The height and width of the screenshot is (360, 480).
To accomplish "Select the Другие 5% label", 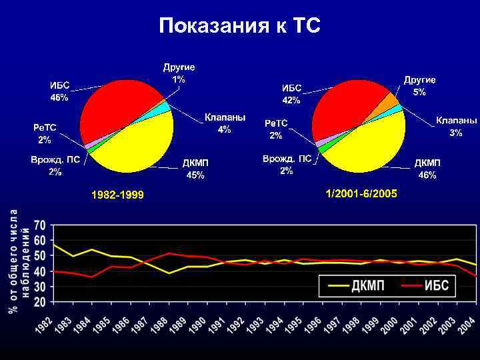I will point(419,86).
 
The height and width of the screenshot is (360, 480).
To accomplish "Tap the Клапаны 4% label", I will point(225,123).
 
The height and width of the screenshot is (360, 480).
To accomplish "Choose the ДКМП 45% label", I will point(195,169).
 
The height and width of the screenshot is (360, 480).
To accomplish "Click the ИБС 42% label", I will point(291,94).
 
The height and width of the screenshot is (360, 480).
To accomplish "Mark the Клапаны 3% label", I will point(456,127).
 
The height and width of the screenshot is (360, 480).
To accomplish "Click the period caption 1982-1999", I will point(118,195).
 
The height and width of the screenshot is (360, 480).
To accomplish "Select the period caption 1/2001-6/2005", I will point(361,193).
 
